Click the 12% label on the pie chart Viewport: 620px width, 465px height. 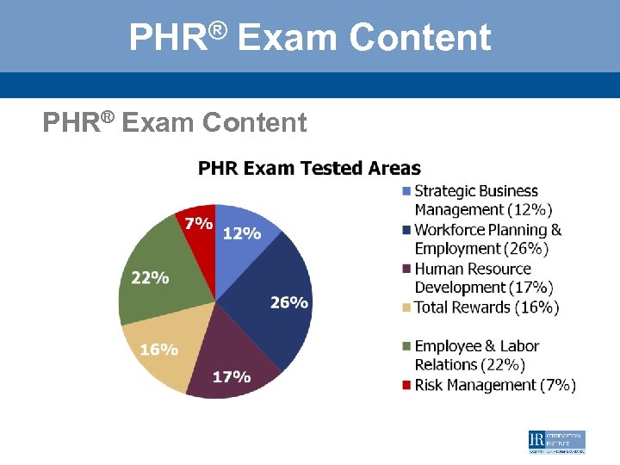point(242,233)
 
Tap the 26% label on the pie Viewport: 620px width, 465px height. point(288,302)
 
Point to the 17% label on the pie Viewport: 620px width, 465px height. point(231,376)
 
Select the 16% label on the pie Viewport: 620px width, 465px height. point(158,350)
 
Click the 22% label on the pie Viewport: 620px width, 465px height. point(150,278)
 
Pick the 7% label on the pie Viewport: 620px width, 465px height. point(198,223)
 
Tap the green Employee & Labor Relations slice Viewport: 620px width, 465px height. point(164,267)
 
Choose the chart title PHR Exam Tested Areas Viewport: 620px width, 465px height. point(309,168)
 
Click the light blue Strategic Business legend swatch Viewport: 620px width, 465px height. point(406,191)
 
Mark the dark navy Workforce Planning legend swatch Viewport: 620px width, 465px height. point(406,230)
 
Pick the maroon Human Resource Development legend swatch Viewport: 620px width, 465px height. point(406,269)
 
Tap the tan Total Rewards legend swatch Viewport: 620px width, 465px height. point(406,307)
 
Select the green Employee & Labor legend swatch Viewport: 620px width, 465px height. point(406,346)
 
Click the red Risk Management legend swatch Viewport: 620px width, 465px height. point(406,385)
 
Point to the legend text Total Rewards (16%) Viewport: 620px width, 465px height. point(487,307)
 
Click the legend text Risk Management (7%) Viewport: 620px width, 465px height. point(495,385)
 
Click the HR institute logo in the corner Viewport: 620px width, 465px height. point(556,442)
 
